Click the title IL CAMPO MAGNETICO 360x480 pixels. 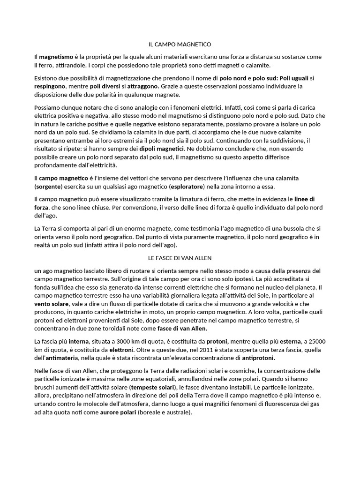[x=180, y=45]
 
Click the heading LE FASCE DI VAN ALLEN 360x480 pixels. [x=180, y=258]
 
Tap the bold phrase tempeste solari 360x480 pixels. [x=151, y=388]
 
